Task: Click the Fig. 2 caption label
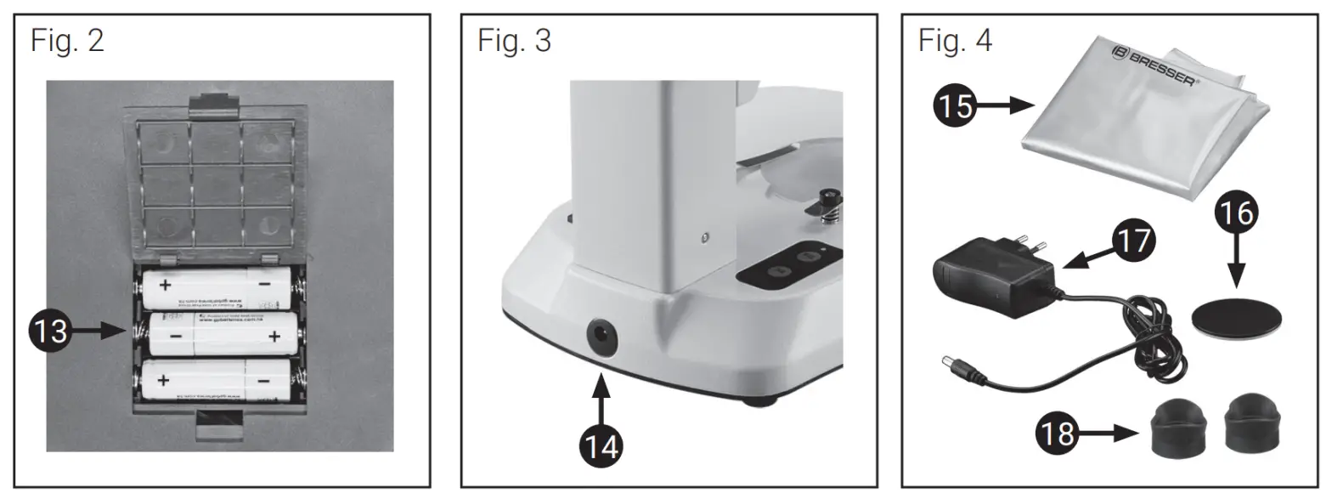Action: click(x=67, y=40)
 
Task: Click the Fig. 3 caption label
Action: click(x=514, y=40)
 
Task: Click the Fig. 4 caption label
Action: click(x=955, y=40)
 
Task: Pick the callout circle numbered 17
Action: click(x=1134, y=240)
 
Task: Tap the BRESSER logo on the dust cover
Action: click(x=1153, y=65)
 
